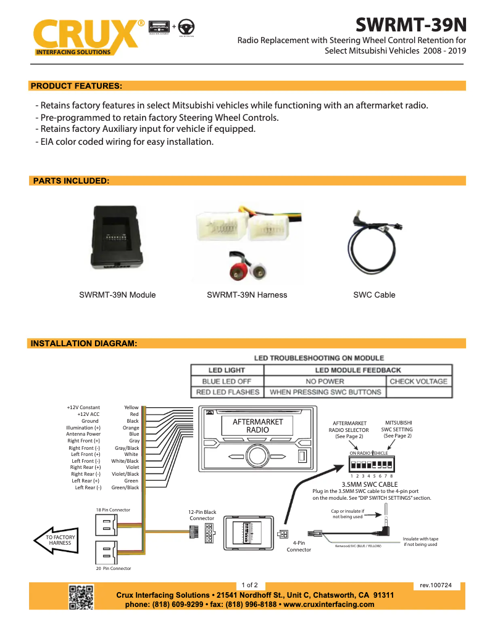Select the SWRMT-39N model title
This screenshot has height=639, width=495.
[x=411, y=25]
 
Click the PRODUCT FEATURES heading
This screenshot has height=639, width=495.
[x=76, y=86]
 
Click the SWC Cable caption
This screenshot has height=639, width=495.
[x=374, y=295]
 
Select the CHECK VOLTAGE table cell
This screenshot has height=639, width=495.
[x=418, y=381]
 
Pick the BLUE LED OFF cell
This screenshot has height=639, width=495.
[x=227, y=381]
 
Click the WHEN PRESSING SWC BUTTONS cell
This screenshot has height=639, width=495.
[x=325, y=392]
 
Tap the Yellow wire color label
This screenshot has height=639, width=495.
[x=131, y=407]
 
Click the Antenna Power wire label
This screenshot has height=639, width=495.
[x=83, y=434]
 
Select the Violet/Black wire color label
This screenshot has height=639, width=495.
[x=125, y=474]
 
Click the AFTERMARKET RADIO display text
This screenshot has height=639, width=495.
[x=257, y=426]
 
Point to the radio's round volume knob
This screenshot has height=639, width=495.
[x=256, y=456]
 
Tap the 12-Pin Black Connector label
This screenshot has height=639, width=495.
[x=202, y=515]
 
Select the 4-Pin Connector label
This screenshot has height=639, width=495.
[x=299, y=545]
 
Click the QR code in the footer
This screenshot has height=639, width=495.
[x=81, y=598]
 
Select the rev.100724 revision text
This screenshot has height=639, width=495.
[x=436, y=585]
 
